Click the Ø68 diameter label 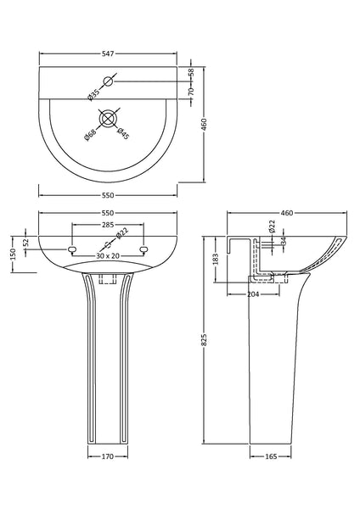tap(90, 132)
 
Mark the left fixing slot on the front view tap(72, 249)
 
